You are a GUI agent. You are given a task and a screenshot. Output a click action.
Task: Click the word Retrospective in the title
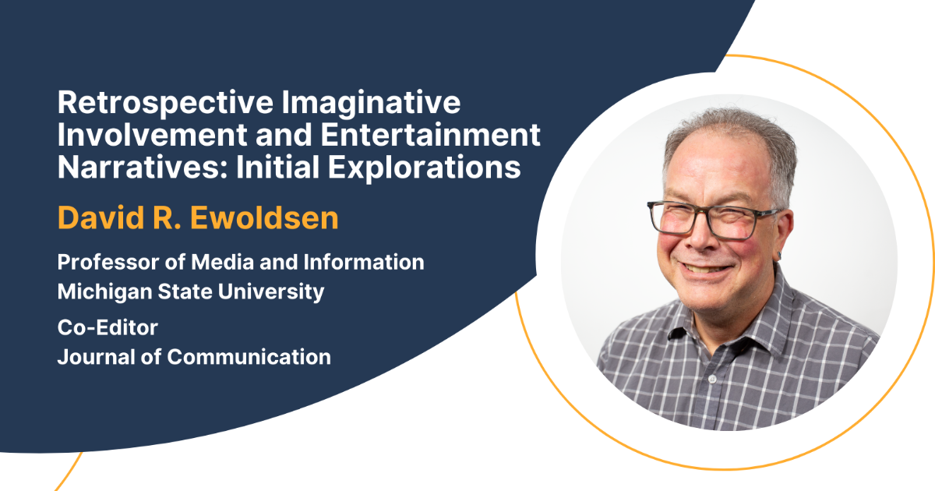pyautogui.click(x=165, y=103)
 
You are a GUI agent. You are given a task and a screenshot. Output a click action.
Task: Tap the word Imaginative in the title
pyautogui.click(x=371, y=103)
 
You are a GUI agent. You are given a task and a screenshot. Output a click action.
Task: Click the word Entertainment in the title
pyautogui.click(x=430, y=134)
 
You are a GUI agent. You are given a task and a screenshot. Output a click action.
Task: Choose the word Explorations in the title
pyautogui.click(x=424, y=168)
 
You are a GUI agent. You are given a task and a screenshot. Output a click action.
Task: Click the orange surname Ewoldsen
pyautogui.click(x=264, y=218)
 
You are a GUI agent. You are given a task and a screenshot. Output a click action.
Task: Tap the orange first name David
pyautogui.click(x=101, y=218)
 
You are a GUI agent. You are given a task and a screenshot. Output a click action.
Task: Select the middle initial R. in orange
pyautogui.click(x=167, y=218)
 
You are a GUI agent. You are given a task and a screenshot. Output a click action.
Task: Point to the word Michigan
pyautogui.click(x=104, y=291)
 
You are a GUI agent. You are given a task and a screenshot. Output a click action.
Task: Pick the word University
pyautogui.click(x=271, y=291)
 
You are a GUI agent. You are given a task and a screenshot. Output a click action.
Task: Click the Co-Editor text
pyautogui.click(x=108, y=327)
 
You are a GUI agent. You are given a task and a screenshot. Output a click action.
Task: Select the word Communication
pyautogui.click(x=249, y=357)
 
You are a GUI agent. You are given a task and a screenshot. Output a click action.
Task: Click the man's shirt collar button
pyautogui.click(x=712, y=379)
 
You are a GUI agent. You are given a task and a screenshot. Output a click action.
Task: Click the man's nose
pyautogui.click(x=703, y=236)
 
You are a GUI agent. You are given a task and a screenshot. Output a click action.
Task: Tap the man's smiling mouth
pyautogui.click(x=705, y=267)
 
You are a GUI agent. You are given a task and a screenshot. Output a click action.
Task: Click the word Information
pyautogui.click(x=364, y=262)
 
